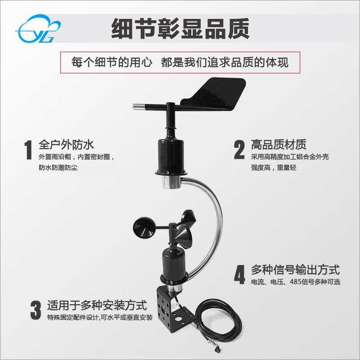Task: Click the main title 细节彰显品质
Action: click(180, 28)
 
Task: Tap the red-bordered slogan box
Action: click(180, 63)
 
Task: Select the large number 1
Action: click(28, 150)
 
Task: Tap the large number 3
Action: click(36, 310)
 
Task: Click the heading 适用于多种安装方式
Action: click(97, 306)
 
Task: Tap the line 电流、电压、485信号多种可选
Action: click(296, 282)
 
